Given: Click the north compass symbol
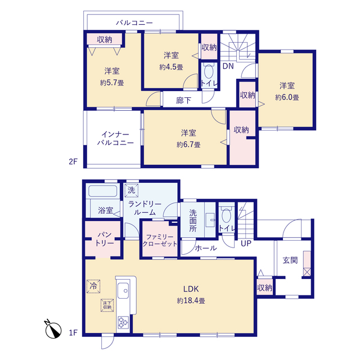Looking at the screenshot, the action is click(53, 330).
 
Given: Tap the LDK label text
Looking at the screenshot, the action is click(191, 289).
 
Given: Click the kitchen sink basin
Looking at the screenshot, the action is click(123, 291).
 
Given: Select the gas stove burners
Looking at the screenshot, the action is click(123, 322).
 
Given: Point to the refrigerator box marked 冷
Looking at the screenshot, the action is click(93, 286).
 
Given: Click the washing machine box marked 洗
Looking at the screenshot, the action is click(132, 190).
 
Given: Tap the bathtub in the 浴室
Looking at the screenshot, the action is click(102, 191).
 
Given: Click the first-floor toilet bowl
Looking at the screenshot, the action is click(226, 215).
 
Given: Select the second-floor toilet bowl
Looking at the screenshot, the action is click(209, 71).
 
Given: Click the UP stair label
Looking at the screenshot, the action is click(246, 244).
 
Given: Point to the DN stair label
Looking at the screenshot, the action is click(228, 66).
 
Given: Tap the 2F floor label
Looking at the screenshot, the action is click(73, 161).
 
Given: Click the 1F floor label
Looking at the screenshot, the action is click(73, 332).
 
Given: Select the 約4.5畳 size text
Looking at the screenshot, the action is click(171, 67).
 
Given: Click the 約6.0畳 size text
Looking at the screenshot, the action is click(287, 97).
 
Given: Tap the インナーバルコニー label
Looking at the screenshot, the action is click(115, 138).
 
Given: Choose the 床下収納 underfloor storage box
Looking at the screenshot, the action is click(107, 305).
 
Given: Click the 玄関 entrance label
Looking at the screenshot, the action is click(290, 260).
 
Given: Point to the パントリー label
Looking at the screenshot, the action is click(105, 238).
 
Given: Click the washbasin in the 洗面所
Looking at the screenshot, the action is click(210, 220).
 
